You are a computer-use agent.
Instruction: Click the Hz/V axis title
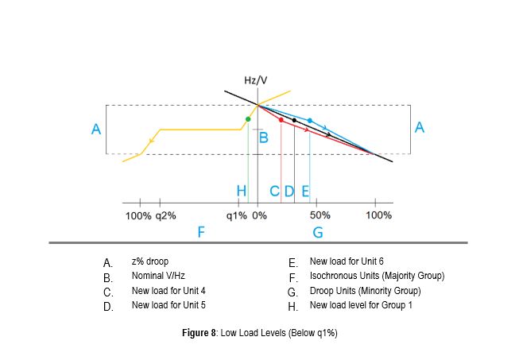256,81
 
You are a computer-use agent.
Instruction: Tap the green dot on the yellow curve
248,119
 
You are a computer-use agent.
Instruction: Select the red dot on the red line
281,120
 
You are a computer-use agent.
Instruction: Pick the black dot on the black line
295,120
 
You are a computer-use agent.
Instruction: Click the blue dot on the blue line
309,121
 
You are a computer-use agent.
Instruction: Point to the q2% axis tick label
166,215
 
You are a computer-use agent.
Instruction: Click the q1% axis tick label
237,215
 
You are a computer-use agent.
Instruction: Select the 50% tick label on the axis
320,215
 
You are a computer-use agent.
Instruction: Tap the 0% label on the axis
259,215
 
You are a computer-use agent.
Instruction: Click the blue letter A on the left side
95,130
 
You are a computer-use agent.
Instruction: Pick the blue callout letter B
264,138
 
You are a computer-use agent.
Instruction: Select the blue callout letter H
242,192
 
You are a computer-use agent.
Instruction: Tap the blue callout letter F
201,232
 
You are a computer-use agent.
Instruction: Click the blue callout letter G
318,232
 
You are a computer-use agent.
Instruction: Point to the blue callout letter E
305,192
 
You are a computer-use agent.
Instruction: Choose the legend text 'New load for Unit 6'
347,261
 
